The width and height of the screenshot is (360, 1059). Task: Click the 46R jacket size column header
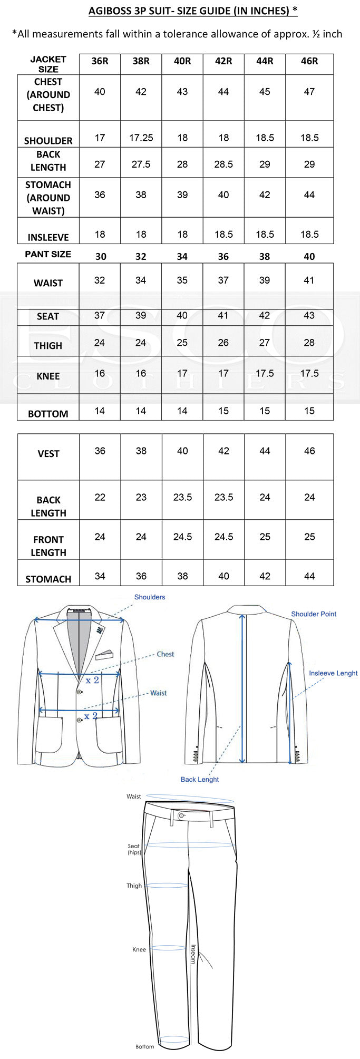[x=309, y=61]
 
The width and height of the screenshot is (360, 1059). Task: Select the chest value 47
[x=309, y=92]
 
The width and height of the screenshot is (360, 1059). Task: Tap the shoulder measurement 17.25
[x=141, y=138]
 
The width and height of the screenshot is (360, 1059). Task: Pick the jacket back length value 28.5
[x=223, y=164]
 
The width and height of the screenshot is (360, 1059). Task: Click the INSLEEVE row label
[x=48, y=238]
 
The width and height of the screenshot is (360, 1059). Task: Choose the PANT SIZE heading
[x=48, y=254]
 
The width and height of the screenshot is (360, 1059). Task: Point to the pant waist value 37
[x=223, y=280]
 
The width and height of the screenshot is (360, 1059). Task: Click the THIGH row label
[x=48, y=346]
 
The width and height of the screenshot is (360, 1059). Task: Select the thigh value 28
[x=309, y=343]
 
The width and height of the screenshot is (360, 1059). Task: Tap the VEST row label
[x=48, y=454]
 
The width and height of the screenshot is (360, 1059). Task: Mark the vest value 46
[x=309, y=451]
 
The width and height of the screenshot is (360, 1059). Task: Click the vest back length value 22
[x=100, y=498]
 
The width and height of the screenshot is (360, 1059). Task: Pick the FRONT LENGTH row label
[x=48, y=546]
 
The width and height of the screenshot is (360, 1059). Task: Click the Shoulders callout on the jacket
[x=150, y=597]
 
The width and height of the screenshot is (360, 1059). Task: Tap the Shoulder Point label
[x=314, y=614]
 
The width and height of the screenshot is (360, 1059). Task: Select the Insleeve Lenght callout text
[x=333, y=673]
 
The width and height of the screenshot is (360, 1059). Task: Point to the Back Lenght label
[x=200, y=780]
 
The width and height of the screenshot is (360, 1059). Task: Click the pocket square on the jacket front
[x=104, y=655]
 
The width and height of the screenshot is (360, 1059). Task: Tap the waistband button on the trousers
[x=182, y=815]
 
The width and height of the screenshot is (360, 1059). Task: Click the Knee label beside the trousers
[x=139, y=950]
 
